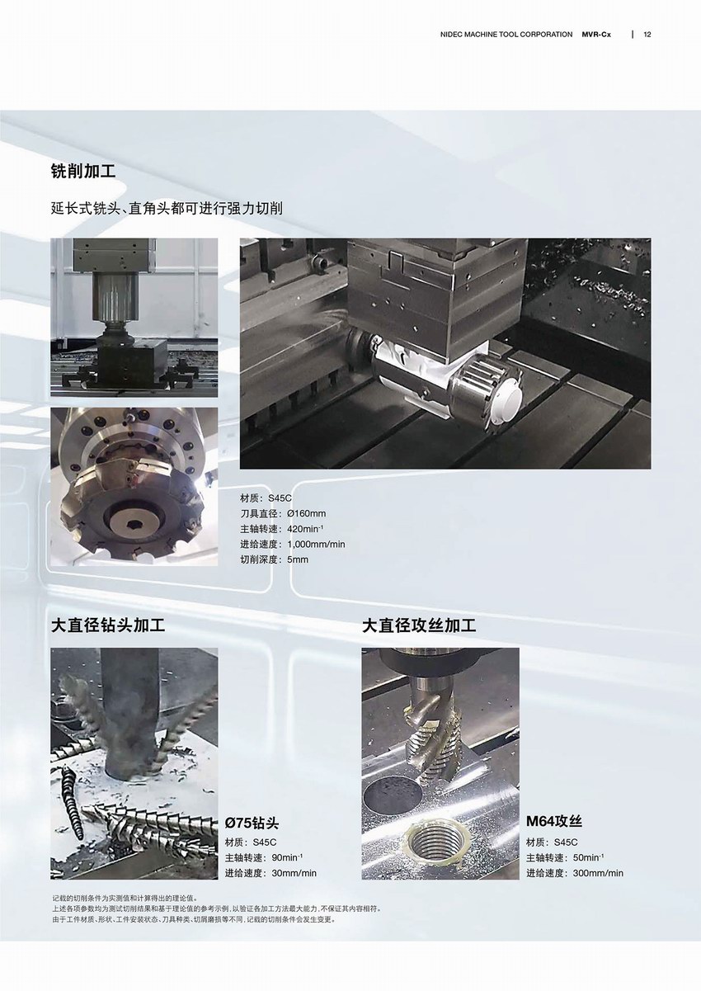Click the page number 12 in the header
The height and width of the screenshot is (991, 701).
click(x=647, y=35)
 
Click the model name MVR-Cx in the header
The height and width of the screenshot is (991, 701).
click(x=596, y=35)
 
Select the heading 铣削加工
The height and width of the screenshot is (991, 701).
click(x=83, y=171)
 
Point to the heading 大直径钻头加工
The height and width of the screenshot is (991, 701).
click(x=108, y=625)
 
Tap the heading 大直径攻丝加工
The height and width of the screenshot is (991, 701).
click(x=419, y=625)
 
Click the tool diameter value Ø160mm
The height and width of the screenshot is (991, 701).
click(x=307, y=513)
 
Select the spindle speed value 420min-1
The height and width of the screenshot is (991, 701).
click(x=305, y=529)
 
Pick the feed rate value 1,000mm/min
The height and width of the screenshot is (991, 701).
click(x=316, y=544)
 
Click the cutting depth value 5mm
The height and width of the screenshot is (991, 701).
click(x=298, y=559)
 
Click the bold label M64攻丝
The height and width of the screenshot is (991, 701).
click(x=553, y=822)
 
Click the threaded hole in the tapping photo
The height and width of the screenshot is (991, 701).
click(x=437, y=838)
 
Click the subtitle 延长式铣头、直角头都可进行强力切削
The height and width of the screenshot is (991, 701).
click(x=167, y=209)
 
